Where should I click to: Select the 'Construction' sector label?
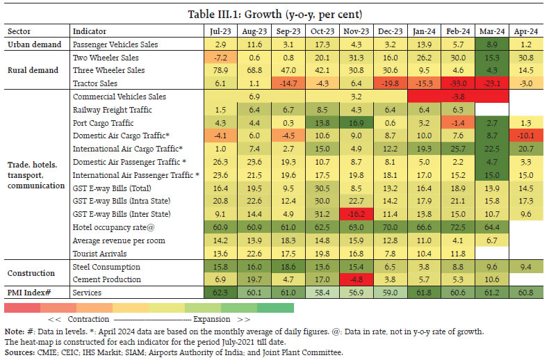[x=32, y=272]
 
